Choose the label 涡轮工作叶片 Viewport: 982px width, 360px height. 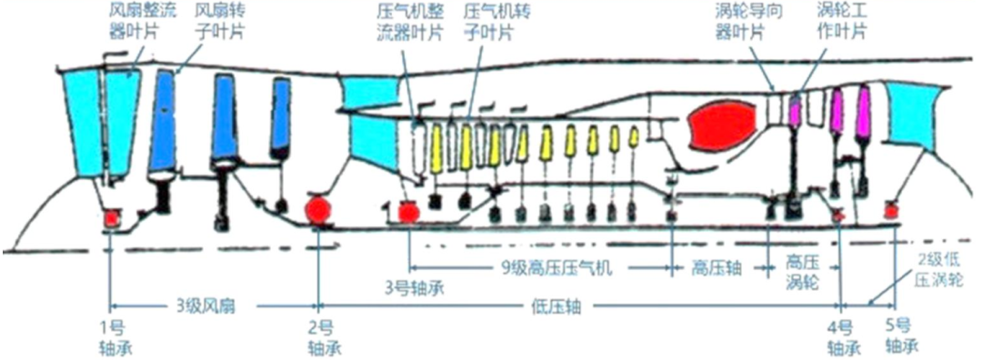click(x=840, y=22)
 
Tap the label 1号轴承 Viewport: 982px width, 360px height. click(x=115, y=338)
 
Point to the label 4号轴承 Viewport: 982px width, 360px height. click(x=838, y=338)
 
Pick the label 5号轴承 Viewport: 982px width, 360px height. click(x=898, y=338)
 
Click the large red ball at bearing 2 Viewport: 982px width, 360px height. click(x=319, y=209)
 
